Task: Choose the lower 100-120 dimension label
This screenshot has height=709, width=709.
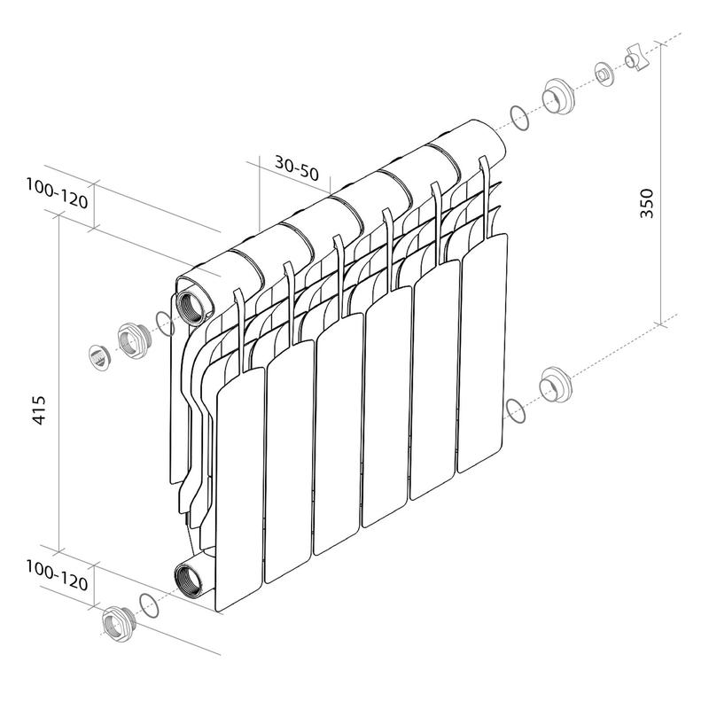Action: click(57, 582)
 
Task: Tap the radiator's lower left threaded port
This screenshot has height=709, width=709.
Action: click(191, 580)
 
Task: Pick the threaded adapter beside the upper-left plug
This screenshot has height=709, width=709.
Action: click(130, 341)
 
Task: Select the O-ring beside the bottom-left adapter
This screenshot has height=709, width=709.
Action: click(151, 606)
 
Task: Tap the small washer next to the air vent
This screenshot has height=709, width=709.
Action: click(604, 74)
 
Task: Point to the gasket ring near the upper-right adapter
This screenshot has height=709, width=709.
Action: click(518, 116)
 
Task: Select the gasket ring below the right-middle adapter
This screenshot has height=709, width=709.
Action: click(513, 409)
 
